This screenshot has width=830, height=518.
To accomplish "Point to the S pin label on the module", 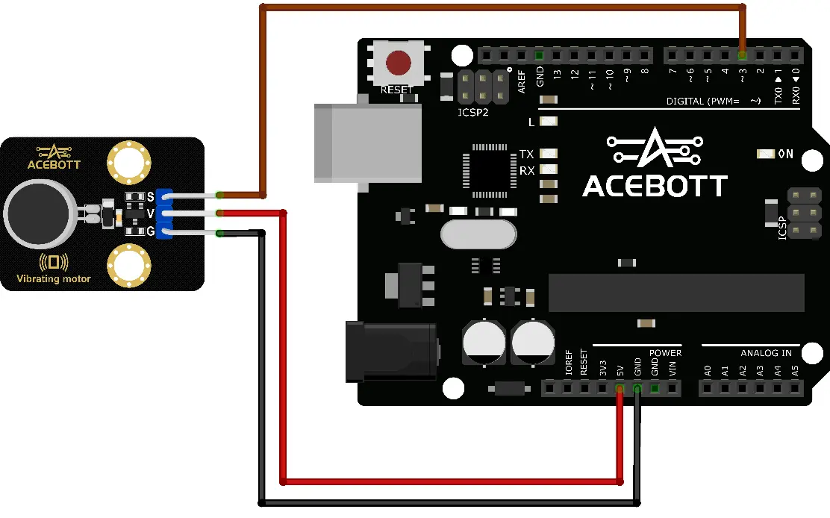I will point(150,196).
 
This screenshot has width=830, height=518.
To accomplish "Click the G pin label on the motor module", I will point(150,232).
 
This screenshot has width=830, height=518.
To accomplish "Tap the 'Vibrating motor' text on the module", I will point(54,279).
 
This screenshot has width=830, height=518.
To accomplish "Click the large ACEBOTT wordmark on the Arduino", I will point(655,186).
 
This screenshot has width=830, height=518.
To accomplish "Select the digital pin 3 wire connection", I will point(742,55).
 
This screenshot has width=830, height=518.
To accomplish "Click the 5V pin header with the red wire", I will point(620,388).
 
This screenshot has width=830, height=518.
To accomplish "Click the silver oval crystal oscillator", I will point(478,234).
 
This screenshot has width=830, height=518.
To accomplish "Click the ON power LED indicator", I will point(765,155).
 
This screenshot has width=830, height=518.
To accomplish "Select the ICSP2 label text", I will point(473,113).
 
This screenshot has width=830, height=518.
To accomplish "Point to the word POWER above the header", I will point(665,353).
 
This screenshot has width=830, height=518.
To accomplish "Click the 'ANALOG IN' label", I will point(766,353).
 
